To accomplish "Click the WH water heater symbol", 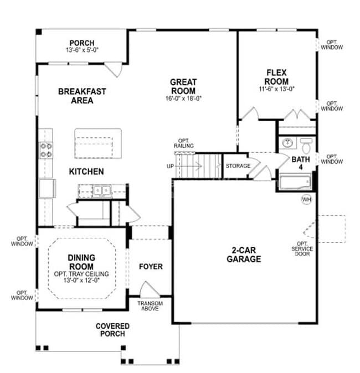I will (x=306, y=199).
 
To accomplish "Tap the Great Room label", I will (x=183, y=86).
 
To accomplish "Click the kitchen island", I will (x=98, y=142).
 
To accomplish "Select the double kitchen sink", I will (x=101, y=191).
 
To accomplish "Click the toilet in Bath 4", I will (x=305, y=145).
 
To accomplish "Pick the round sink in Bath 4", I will (x=288, y=144).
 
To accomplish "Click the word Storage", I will (x=238, y=165).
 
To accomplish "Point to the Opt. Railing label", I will (x=184, y=143).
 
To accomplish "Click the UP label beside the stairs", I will (x=170, y=165).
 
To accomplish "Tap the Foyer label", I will (x=150, y=267).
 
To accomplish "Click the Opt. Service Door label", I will (x=304, y=249).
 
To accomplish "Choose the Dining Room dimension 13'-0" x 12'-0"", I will (x=81, y=281).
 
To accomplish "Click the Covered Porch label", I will (x=112, y=330).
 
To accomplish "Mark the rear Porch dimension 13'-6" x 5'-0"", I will (x=81, y=50).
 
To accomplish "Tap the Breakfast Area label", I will (x=81, y=96).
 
